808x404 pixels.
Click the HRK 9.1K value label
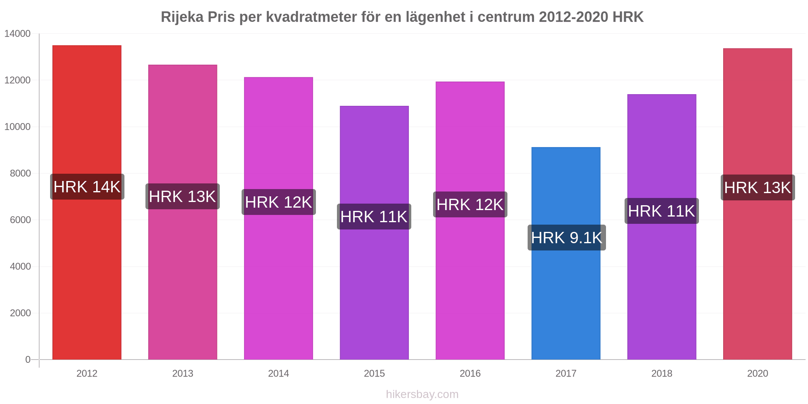[x=566, y=238]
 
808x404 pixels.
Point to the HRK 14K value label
[x=87, y=187]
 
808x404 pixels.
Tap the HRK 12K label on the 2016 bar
[x=470, y=205]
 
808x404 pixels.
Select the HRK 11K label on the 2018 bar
[x=661, y=211]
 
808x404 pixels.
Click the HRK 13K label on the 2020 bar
[x=757, y=188]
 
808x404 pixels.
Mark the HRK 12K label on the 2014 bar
[x=278, y=202]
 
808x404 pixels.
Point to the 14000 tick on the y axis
[x=18, y=34]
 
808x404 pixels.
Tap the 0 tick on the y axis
[x=28, y=360]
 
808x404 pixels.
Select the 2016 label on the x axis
[x=470, y=374]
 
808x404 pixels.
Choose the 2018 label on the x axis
[x=661, y=374]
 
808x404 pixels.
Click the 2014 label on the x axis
[x=278, y=374]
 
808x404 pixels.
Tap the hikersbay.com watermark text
[x=422, y=394]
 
